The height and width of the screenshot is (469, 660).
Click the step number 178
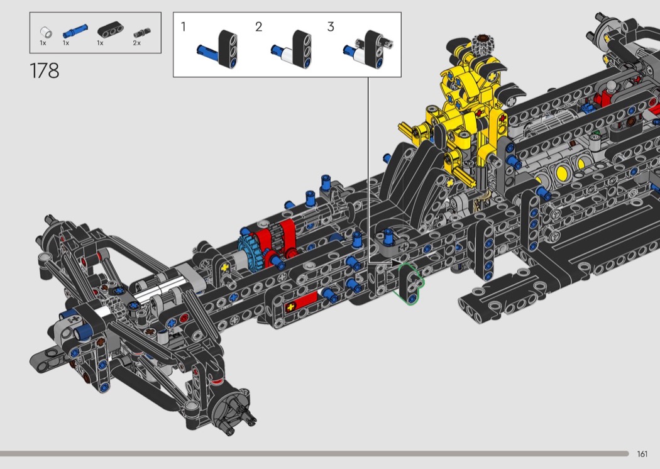[x=44, y=71]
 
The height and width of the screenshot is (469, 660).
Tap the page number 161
[x=642, y=454]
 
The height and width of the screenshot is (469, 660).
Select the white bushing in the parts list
[x=46, y=32]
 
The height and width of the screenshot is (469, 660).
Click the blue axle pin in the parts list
[x=75, y=31]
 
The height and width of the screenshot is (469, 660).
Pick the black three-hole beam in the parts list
[x=110, y=30]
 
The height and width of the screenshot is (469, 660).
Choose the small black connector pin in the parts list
[x=142, y=33]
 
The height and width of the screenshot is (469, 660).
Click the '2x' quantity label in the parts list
[x=137, y=43]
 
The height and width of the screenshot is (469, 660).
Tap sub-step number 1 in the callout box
[x=183, y=27]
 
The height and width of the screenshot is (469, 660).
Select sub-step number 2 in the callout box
[x=258, y=27]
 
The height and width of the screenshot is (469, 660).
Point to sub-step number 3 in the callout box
[x=331, y=27]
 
